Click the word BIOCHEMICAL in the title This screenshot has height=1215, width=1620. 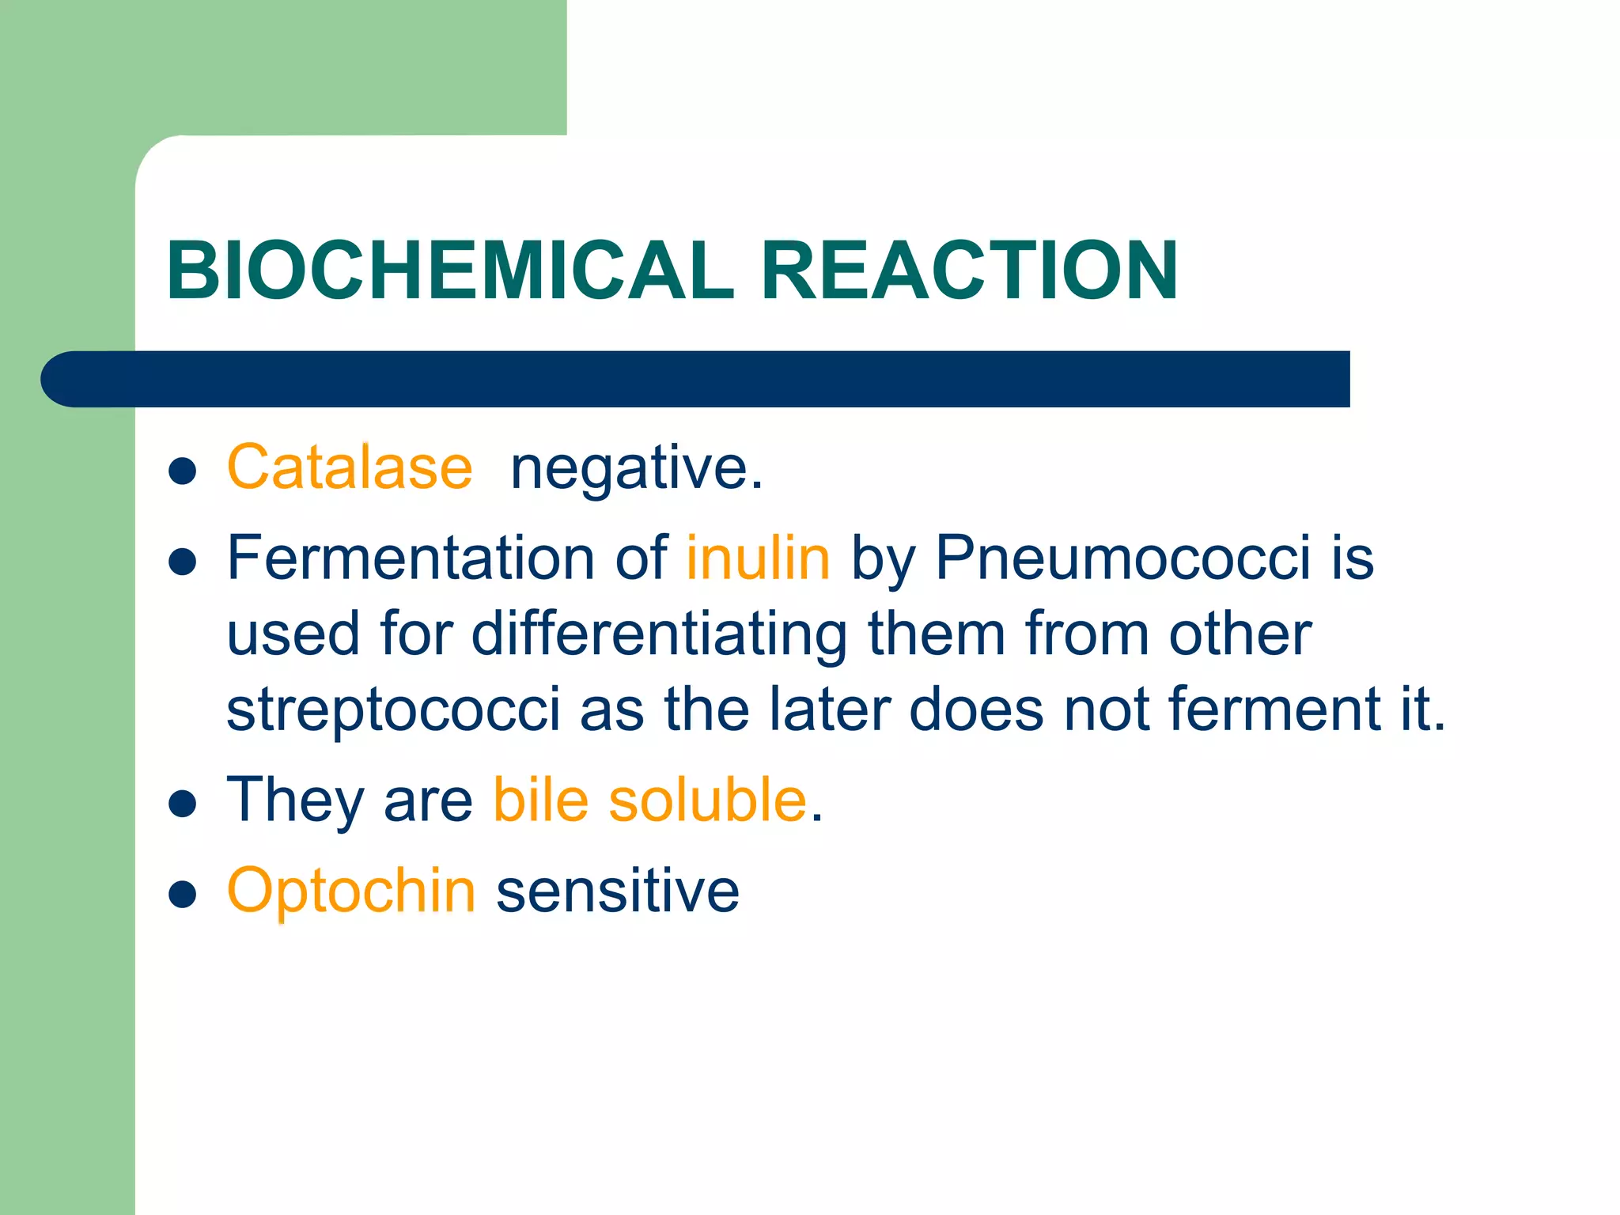(x=451, y=271)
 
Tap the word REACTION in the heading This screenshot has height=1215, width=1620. (x=970, y=271)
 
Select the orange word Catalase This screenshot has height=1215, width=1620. (x=350, y=467)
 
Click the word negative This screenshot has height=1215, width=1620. (x=636, y=469)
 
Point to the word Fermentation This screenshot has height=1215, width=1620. (x=411, y=558)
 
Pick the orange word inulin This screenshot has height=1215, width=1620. (x=758, y=558)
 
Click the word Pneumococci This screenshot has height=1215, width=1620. (x=1123, y=558)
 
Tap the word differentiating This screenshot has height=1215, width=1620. (x=660, y=634)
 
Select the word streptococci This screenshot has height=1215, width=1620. (x=394, y=710)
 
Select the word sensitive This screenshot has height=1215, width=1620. (x=618, y=891)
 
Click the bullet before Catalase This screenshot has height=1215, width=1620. (x=183, y=471)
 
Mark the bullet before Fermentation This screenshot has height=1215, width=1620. (x=183, y=562)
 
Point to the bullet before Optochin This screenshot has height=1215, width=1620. (x=183, y=895)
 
